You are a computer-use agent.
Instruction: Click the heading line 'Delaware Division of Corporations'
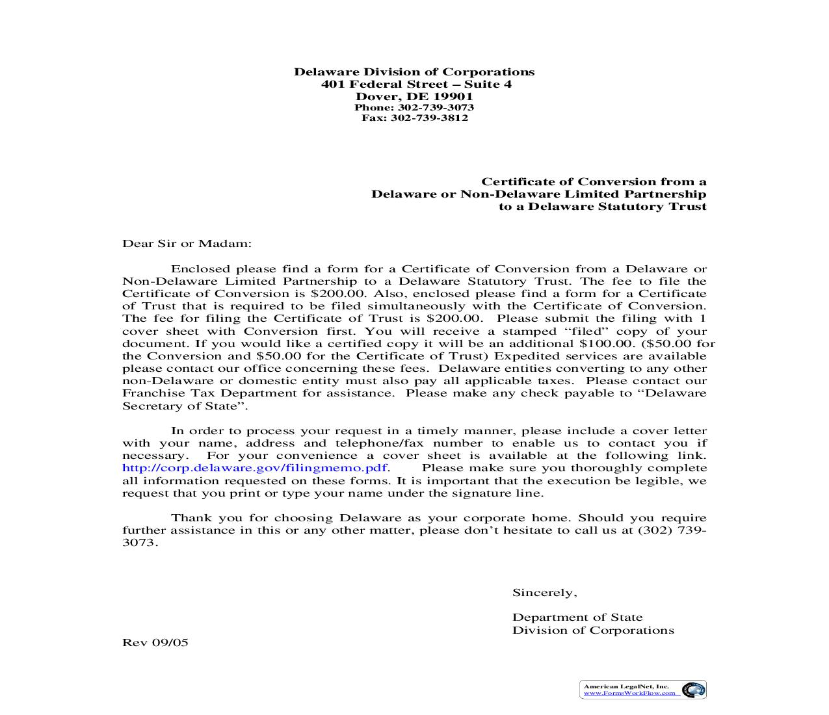[x=414, y=72]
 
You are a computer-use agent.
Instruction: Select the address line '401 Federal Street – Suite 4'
[x=416, y=84]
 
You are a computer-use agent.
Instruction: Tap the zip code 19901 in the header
[x=453, y=97]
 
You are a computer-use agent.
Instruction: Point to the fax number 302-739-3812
[x=429, y=118]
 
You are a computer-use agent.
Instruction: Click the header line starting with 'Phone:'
[x=414, y=108]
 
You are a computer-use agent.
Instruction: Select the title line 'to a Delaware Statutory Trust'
[x=602, y=207]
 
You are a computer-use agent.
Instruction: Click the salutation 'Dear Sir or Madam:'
[x=187, y=244]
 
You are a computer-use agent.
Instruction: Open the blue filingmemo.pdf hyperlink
[x=255, y=468]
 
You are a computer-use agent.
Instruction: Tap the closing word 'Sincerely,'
[x=544, y=593]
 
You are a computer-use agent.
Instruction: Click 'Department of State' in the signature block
[x=577, y=617]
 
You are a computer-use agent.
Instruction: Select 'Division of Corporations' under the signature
[x=593, y=630]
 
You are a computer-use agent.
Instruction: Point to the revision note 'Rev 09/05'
[x=155, y=643]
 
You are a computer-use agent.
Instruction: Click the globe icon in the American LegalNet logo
[x=693, y=690]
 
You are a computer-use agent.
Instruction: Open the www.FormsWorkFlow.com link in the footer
[x=629, y=694]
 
